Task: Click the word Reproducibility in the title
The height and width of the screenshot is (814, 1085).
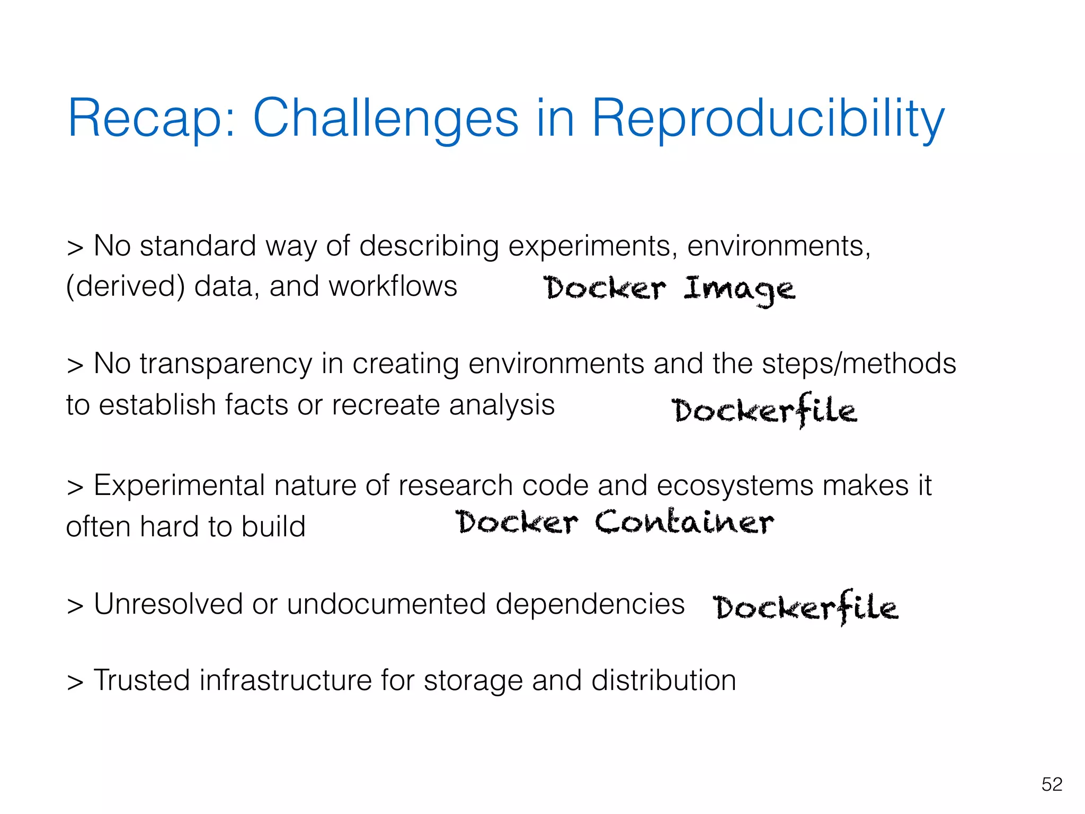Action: (x=767, y=119)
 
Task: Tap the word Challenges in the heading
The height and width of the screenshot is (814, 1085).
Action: (x=386, y=119)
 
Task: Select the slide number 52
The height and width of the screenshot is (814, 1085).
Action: (x=1052, y=784)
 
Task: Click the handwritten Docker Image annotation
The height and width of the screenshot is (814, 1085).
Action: (x=669, y=289)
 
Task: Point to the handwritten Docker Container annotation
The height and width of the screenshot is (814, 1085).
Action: (x=615, y=522)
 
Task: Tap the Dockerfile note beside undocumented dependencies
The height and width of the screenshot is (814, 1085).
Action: (x=805, y=607)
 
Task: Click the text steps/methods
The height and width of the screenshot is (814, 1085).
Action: (x=858, y=364)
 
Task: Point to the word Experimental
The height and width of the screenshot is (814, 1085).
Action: (x=179, y=486)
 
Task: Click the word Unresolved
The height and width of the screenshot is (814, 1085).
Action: (x=168, y=604)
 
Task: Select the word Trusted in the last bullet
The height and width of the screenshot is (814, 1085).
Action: (x=141, y=680)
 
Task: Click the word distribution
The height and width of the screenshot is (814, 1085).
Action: (x=663, y=680)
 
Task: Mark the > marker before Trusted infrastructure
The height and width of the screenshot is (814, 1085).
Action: (x=75, y=682)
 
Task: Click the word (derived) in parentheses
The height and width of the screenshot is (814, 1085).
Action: (x=126, y=287)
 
